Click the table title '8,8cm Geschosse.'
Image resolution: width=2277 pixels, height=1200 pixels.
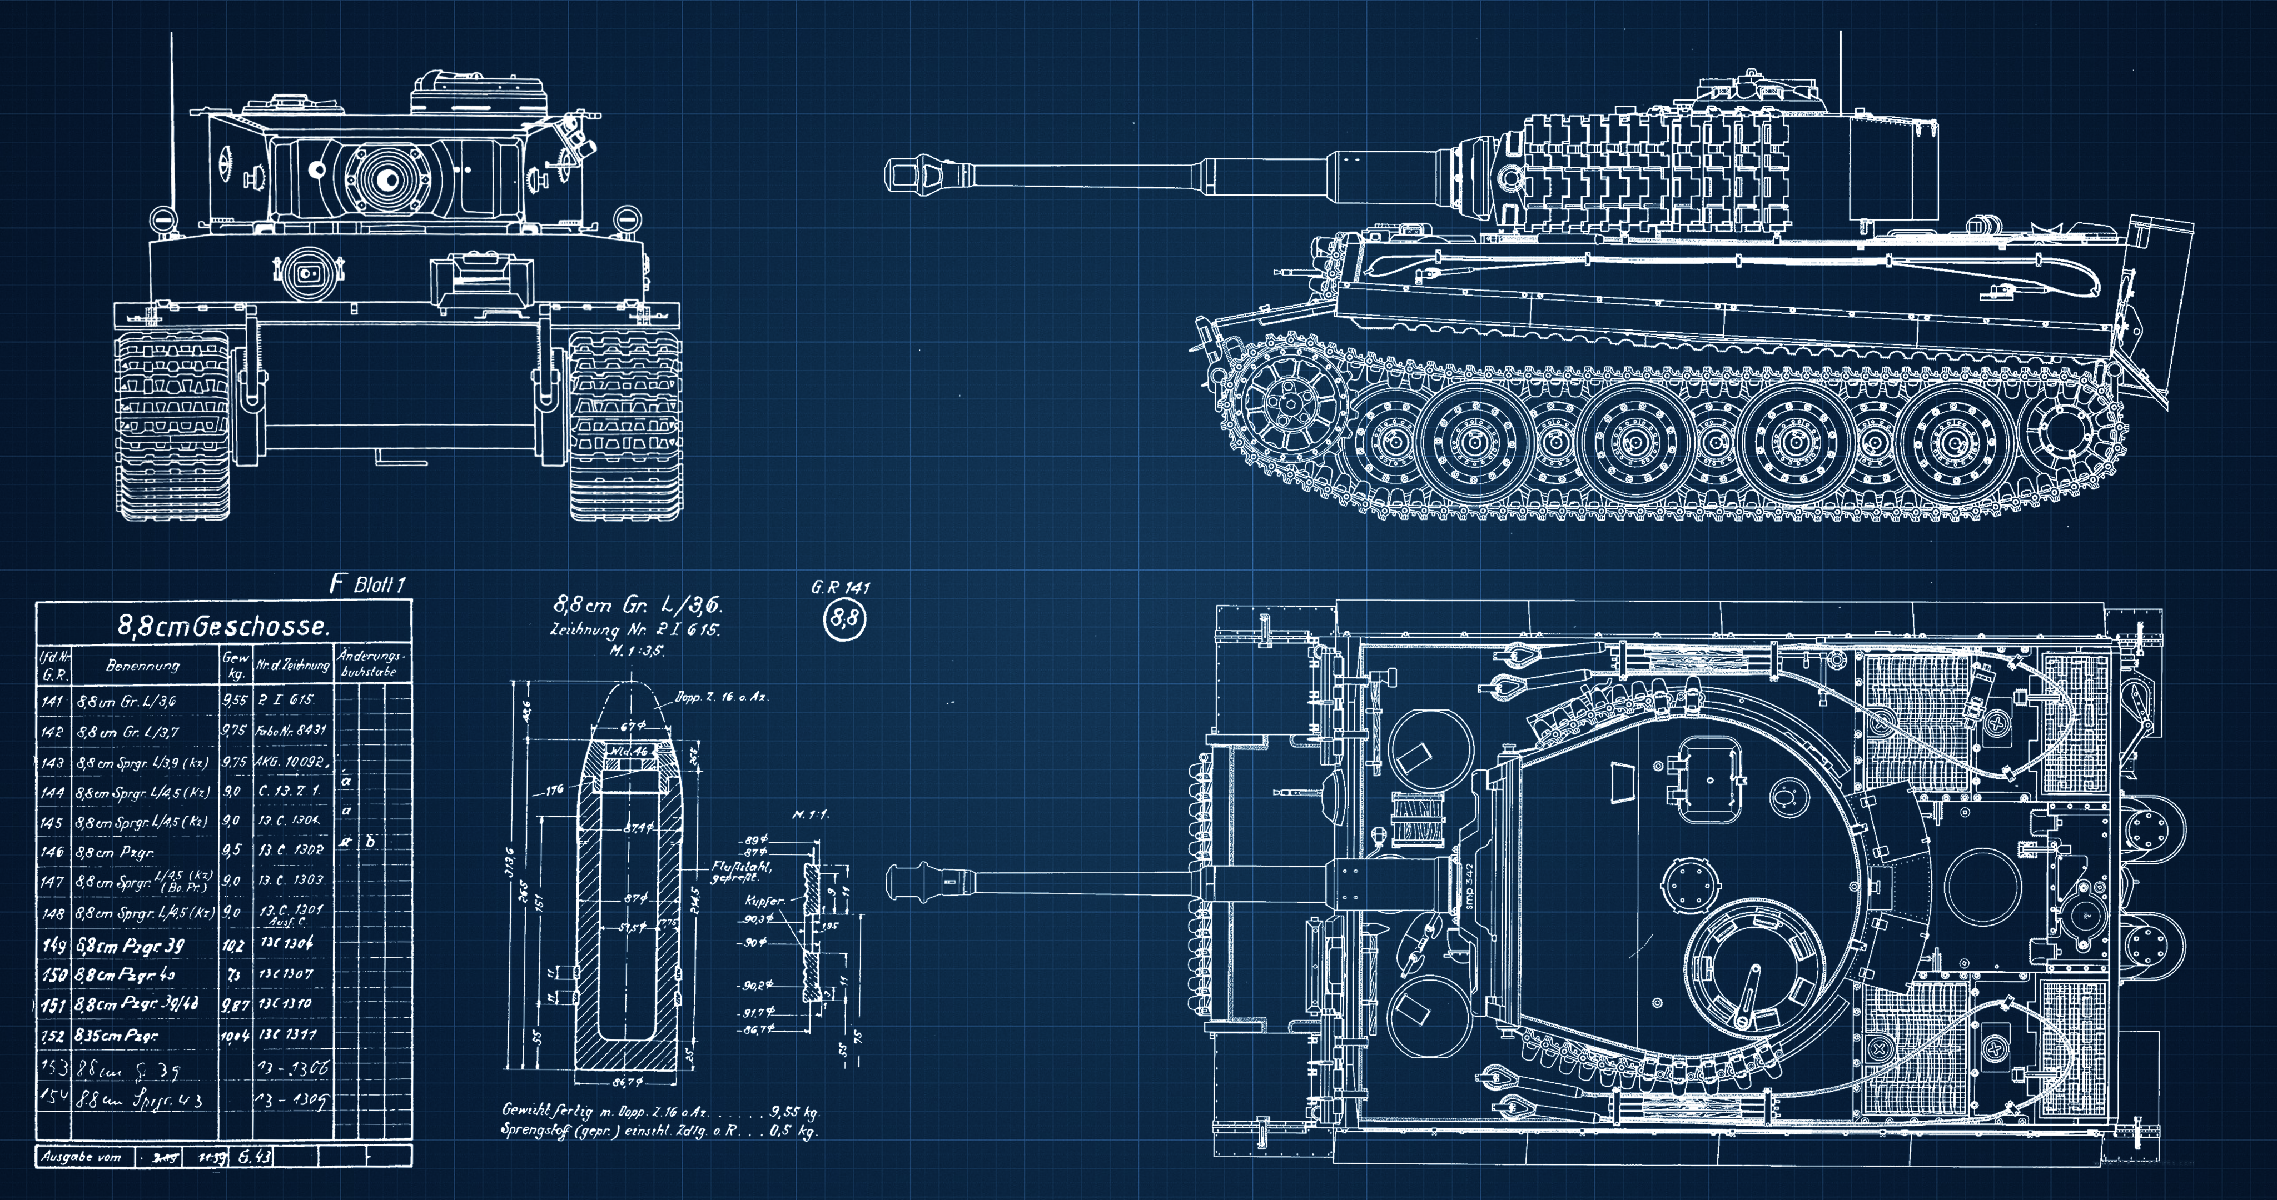(223, 627)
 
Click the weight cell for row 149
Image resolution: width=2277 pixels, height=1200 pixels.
(233, 944)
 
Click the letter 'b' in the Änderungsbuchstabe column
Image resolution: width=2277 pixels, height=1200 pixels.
(370, 841)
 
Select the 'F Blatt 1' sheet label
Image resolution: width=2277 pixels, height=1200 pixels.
(367, 584)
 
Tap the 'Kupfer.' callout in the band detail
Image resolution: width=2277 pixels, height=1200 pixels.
(764, 901)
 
